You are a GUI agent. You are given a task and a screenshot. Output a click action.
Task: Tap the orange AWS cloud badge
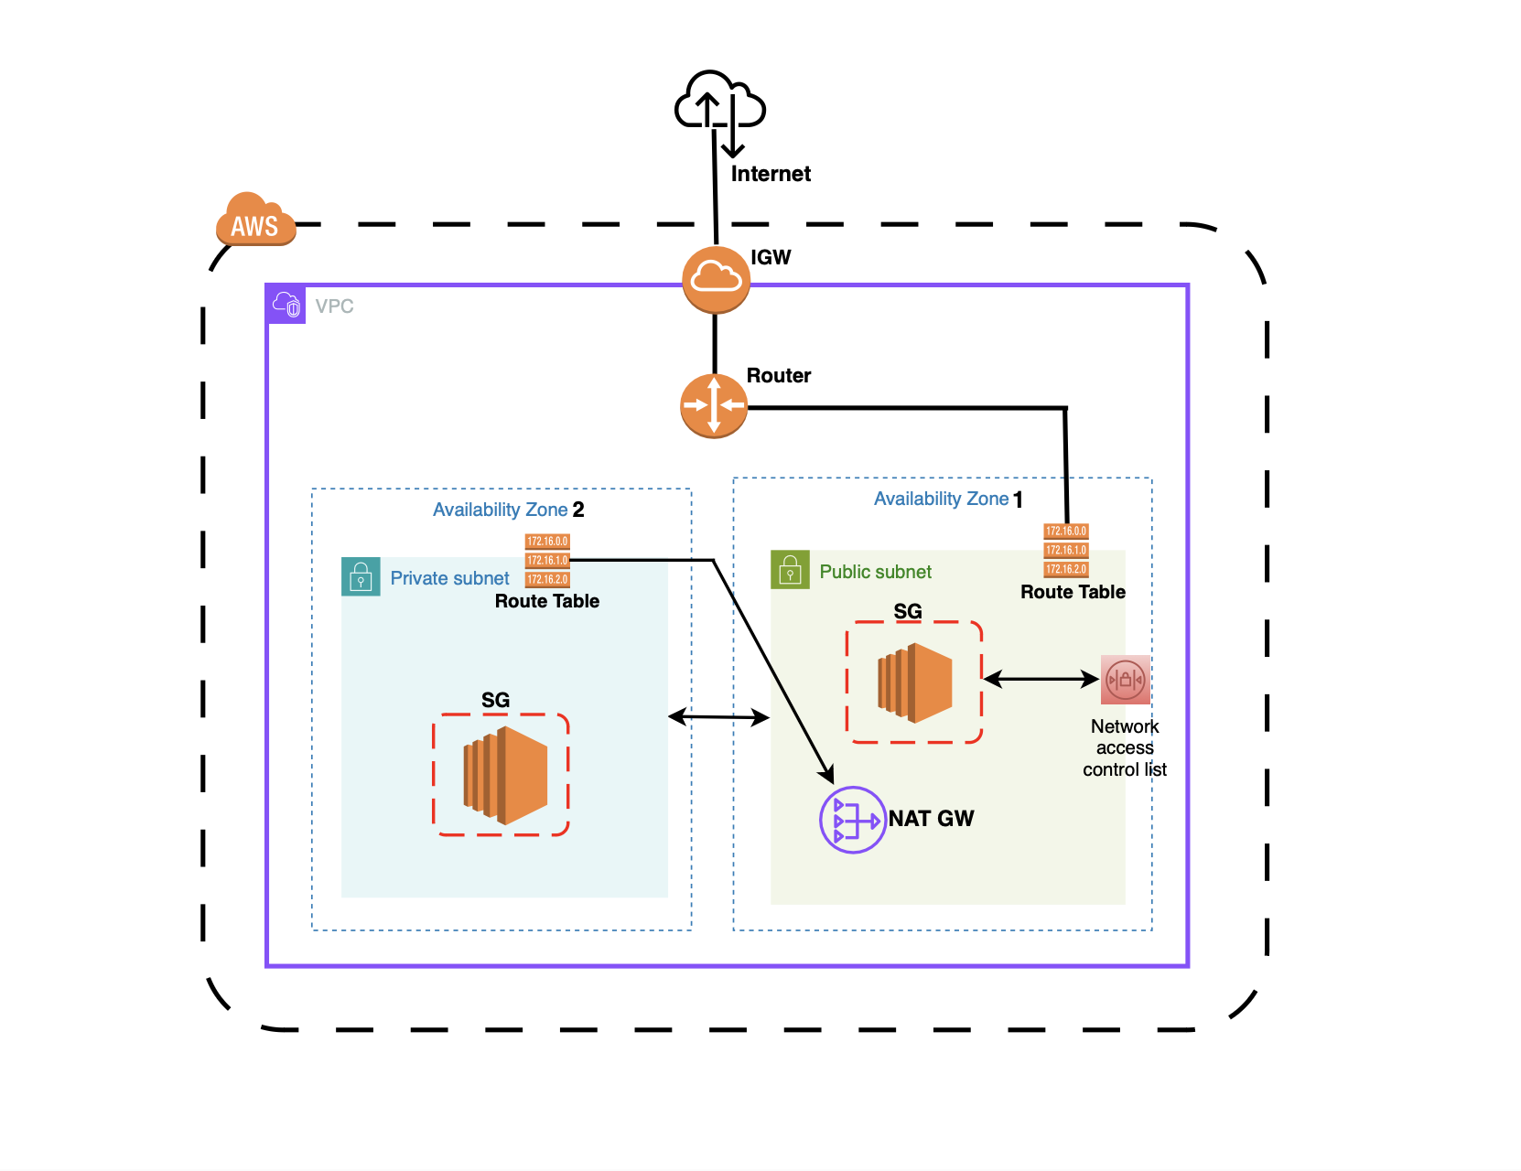(x=255, y=220)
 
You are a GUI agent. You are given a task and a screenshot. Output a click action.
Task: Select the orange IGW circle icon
(x=716, y=279)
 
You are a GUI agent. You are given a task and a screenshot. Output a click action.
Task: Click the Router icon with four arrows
(x=714, y=405)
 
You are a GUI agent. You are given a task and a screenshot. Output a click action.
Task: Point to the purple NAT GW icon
(x=852, y=820)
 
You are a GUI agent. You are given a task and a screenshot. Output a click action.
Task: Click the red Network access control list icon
(x=1125, y=680)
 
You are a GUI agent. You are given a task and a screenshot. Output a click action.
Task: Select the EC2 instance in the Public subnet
(x=914, y=682)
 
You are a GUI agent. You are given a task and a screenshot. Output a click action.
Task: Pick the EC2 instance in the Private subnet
(x=505, y=775)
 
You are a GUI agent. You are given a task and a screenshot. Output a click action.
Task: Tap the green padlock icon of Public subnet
(x=790, y=570)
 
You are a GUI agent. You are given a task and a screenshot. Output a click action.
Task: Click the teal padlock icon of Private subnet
(x=361, y=577)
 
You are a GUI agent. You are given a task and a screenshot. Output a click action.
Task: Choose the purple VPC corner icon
(x=286, y=305)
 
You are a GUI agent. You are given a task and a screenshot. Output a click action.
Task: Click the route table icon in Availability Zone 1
(x=1066, y=550)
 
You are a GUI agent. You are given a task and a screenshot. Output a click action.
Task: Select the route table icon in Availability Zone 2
(x=547, y=560)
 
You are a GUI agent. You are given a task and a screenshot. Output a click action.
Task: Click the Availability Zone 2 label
(x=508, y=510)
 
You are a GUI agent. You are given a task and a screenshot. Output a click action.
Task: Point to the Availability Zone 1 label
(x=948, y=499)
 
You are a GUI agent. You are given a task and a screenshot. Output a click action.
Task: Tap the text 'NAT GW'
(x=931, y=819)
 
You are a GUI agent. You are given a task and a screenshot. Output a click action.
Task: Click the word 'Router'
(x=779, y=375)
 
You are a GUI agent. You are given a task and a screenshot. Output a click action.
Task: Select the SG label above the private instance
(x=495, y=700)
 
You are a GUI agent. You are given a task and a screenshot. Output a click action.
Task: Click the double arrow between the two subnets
(x=718, y=717)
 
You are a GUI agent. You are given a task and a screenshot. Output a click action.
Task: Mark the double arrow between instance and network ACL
(x=1041, y=679)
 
